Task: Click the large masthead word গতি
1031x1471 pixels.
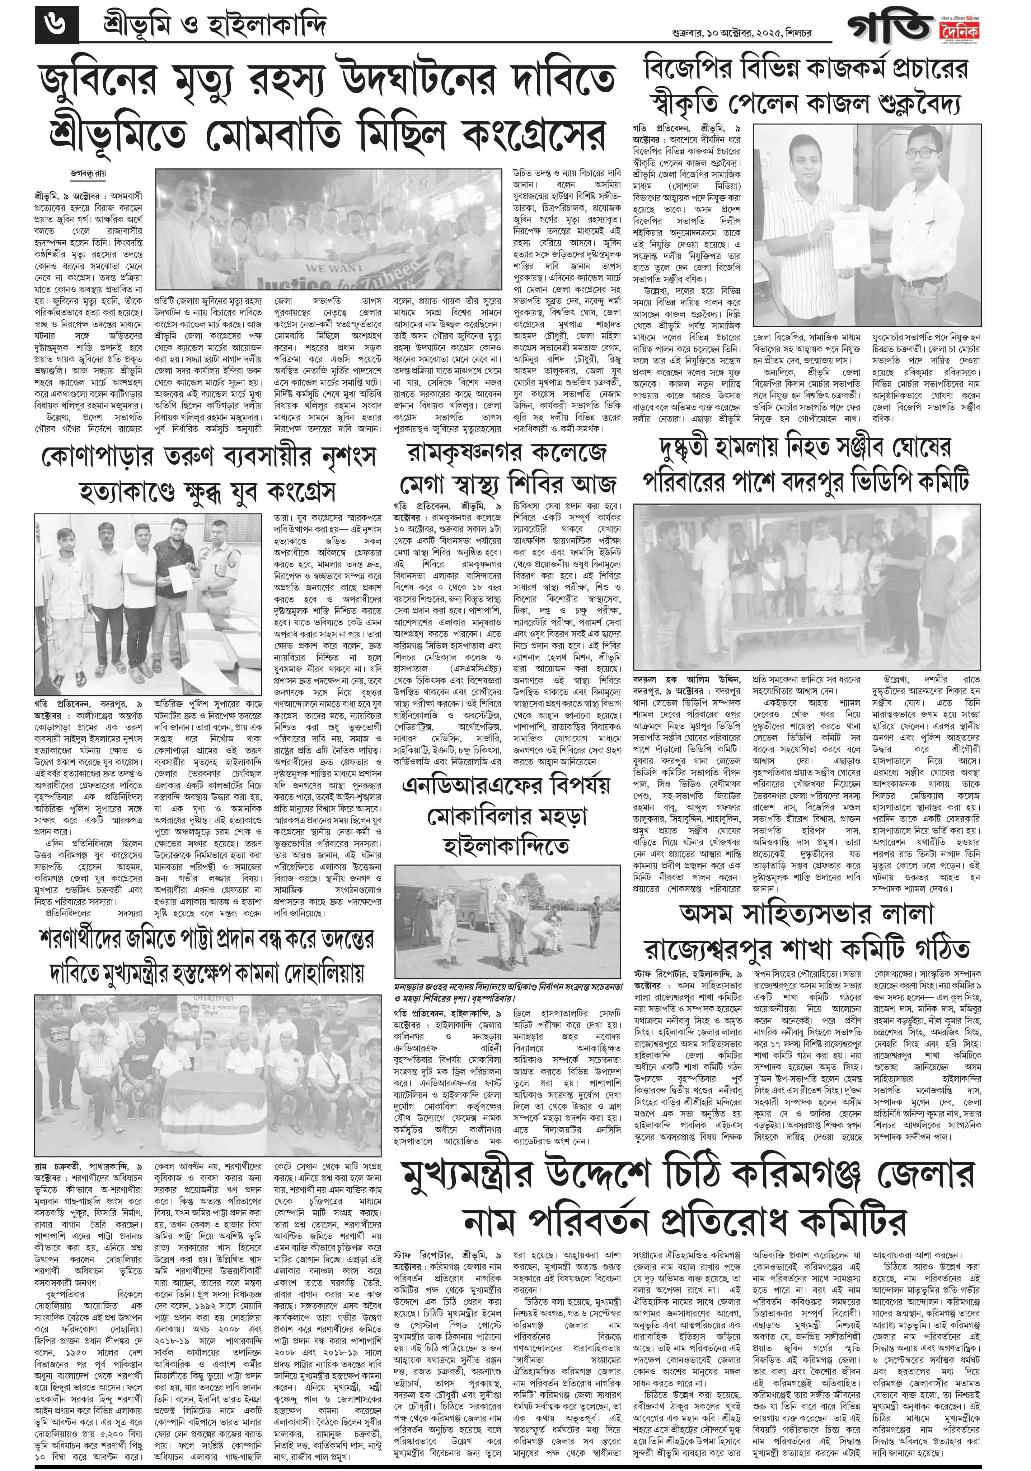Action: click(x=890, y=29)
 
